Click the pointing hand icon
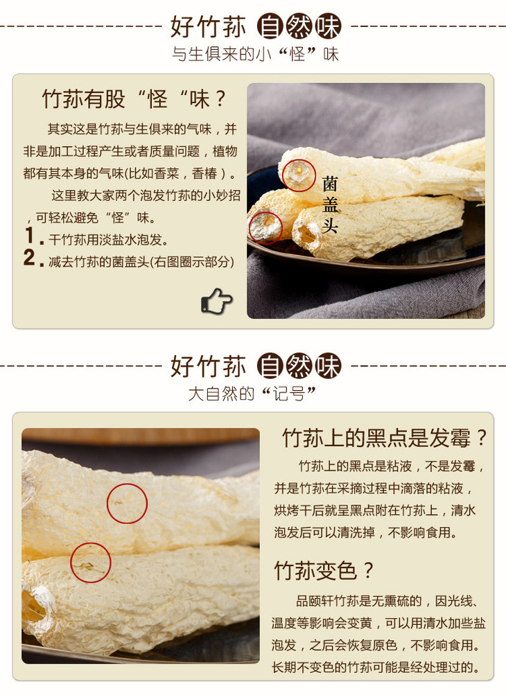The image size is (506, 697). click(216, 301)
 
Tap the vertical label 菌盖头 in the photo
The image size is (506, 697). click(330, 204)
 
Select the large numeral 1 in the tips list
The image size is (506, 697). click(30, 236)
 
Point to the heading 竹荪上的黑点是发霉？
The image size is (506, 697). click(385, 438)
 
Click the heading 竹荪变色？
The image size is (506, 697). click(324, 570)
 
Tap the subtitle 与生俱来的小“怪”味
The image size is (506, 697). click(255, 54)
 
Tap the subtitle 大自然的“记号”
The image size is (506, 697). click(252, 394)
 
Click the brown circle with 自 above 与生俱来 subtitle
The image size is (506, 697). click(270, 26)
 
